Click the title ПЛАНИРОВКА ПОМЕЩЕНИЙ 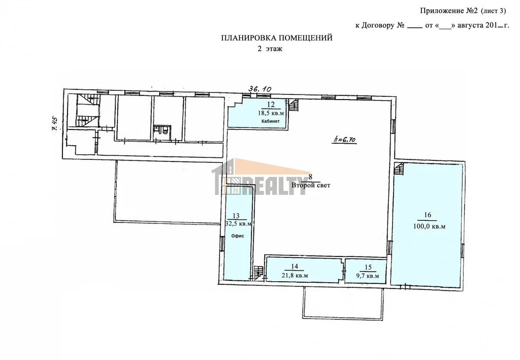[x=277, y=38]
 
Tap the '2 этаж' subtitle [x=270, y=49]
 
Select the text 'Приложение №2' [x=449, y=11]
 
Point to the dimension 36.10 [x=261, y=89]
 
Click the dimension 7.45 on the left [x=55, y=124]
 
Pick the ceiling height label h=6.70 [x=344, y=140]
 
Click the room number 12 [x=271, y=105]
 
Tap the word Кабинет [x=271, y=121]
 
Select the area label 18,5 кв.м [x=271, y=113]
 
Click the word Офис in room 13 [x=238, y=236]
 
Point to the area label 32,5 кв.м [x=239, y=224]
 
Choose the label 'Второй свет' [x=311, y=185]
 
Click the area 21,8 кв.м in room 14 [x=295, y=276]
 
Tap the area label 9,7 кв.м [x=368, y=276]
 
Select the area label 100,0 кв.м [x=429, y=227]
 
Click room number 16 [x=428, y=215]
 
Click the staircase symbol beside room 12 [x=294, y=106]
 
